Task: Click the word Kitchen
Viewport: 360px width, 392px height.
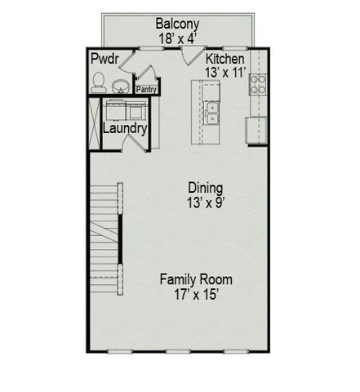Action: coord(224,59)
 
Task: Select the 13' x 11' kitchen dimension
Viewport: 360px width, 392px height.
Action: coord(224,72)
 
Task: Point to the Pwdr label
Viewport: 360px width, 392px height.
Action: coord(104,59)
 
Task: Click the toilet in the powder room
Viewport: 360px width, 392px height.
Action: coord(99,81)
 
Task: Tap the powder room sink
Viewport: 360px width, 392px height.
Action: coord(121,85)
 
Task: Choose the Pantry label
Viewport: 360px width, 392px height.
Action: coord(147,90)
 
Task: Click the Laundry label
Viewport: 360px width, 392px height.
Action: coord(125,128)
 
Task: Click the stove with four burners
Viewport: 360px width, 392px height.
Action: coord(258,82)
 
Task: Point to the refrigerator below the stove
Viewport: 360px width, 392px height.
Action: coord(257,127)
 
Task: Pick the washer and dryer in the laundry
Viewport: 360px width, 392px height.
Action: coord(124,109)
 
